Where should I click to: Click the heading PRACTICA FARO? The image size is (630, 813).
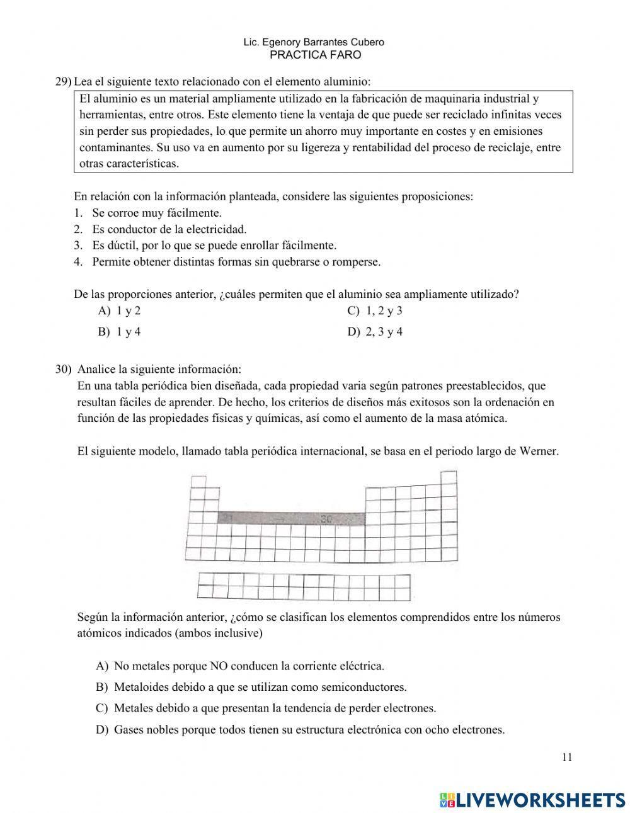315,55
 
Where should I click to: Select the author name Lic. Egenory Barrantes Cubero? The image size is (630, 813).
314,42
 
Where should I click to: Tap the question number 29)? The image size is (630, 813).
63,82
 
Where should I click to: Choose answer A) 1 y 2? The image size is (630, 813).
119,310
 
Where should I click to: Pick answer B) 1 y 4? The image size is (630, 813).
119,332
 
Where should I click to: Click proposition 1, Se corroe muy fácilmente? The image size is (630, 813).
156,213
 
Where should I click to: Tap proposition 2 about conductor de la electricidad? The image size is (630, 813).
169,229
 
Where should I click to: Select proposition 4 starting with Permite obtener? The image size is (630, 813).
236,262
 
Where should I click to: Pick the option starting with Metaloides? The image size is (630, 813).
251,687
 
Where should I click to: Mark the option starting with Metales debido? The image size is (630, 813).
266,708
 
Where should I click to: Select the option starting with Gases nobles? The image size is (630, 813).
301,730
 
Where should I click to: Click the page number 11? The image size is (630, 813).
567,758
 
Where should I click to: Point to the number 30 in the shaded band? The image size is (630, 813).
326,520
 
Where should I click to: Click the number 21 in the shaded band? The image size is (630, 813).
228,518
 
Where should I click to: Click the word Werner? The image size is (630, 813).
539,452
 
